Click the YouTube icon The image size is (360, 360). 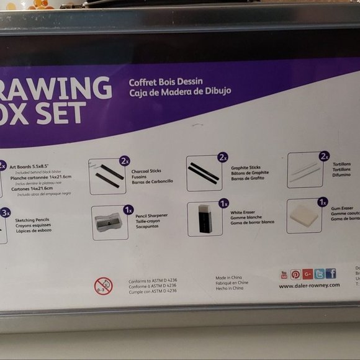284,274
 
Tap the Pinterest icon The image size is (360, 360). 295,274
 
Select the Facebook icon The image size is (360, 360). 331,274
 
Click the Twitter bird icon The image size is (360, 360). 319,274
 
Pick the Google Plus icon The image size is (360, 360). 307,274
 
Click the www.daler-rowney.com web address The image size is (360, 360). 309,286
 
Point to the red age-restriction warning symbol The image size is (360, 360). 103,286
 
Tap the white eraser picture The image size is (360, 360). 204,219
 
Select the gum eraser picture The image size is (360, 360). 304,217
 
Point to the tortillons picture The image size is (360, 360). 305,171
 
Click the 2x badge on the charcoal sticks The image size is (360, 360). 125,161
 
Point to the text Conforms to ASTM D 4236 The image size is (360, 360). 153,281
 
